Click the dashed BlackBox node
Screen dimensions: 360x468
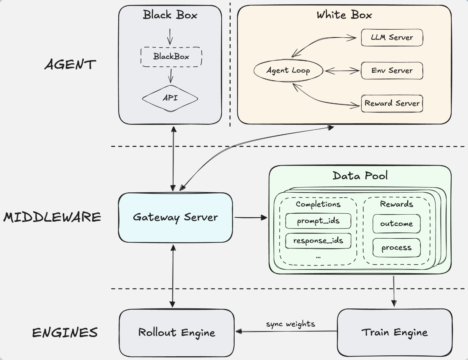click(x=171, y=57)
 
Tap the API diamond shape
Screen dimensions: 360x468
click(x=170, y=98)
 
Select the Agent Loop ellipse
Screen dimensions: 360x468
click(x=288, y=71)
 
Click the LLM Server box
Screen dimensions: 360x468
click(x=392, y=38)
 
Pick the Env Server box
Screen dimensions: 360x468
click(x=392, y=71)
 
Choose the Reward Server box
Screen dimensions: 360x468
click(x=392, y=103)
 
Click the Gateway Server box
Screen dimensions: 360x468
click(x=175, y=217)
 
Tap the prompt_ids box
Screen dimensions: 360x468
click(x=318, y=221)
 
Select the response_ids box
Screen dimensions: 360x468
click(x=318, y=241)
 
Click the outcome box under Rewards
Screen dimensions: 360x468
click(x=396, y=224)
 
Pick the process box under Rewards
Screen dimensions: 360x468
click(x=396, y=248)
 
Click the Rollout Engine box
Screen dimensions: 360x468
click(x=177, y=333)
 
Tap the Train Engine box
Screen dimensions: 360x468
click(x=395, y=333)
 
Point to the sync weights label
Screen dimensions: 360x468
click(x=290, y=324)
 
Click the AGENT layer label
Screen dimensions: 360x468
click(x=70, y=65)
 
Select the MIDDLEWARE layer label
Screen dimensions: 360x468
click(x=52, y=217)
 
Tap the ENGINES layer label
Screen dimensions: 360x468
click(x=65, y=333)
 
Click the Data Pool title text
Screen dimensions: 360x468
click(x=360, y=176)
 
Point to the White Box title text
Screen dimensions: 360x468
click(x=344, y=15)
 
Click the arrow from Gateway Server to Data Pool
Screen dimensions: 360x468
click(x=250, y=218)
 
